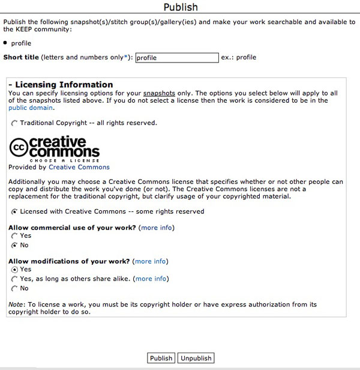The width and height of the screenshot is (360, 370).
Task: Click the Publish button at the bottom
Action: pos(161,358)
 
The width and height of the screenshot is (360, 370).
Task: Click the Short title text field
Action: pos(176,58)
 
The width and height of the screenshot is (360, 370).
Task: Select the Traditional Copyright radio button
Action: pos(14,123)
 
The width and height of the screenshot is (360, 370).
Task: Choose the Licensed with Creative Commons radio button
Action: pos(14,211)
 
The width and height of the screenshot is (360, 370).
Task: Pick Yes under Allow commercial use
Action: pos(14,236)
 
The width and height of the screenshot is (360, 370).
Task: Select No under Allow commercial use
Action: pos(14,245)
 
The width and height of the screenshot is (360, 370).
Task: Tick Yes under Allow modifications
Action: pos(14,270)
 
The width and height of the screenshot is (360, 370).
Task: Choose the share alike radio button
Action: pos(14,279)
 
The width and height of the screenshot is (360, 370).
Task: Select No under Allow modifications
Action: pos(14,288)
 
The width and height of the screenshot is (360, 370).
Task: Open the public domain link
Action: pos(31,108)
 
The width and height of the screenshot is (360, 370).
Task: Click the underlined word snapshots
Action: pos(159,93)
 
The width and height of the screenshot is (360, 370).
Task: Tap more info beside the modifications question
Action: pos(151,261)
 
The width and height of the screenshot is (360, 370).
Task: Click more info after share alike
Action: pos(151,279)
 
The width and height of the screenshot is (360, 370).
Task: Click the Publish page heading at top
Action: pos(180,7)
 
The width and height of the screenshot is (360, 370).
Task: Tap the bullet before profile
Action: pos(5,43)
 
